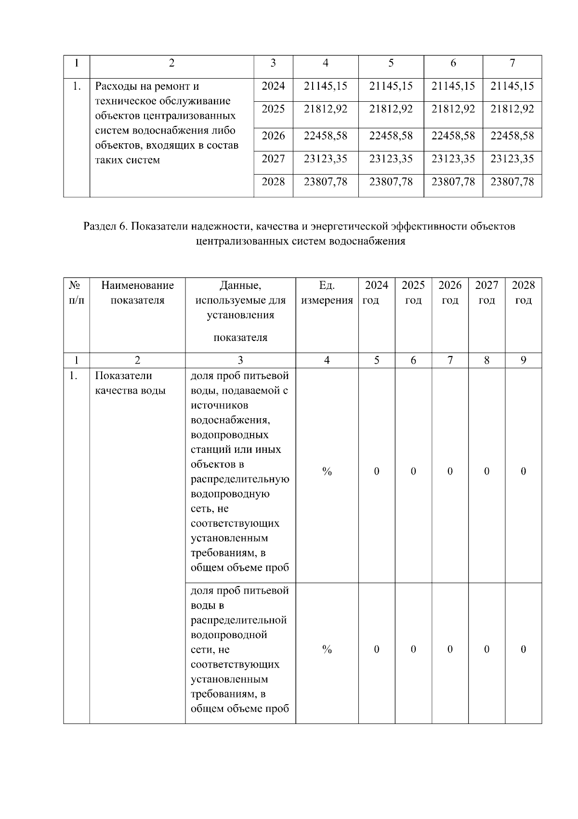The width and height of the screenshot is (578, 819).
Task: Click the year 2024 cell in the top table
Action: (273, 86)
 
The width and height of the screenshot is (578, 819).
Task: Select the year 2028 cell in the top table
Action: (273, 182)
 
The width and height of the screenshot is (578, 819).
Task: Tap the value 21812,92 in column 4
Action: (325, 109)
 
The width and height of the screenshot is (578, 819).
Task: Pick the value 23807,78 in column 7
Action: (512, 182)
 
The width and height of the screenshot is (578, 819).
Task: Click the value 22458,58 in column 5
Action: (391, 136)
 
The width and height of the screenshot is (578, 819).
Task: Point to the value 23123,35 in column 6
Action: (453, 159)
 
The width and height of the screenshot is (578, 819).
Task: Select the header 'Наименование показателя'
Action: (137, 293)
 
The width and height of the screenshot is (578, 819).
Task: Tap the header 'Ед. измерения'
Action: (327, 293)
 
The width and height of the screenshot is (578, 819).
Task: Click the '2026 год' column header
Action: (450, 293)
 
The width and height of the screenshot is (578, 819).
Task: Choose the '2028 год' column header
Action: (523, 293)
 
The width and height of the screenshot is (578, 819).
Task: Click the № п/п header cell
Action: (76, 293)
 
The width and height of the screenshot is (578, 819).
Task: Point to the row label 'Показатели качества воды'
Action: (130, 383)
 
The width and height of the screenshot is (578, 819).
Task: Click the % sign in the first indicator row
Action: (327, 472)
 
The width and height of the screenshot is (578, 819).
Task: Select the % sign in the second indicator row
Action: (327, 650)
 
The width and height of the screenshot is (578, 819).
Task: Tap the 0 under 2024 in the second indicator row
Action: (377, 650)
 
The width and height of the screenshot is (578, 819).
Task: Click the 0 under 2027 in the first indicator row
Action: (486, 472)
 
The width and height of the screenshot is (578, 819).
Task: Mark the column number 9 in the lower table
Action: (523, 360)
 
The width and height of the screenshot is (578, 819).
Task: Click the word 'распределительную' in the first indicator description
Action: (240, 479)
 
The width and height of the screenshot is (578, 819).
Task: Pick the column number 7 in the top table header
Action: (512, 63)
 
